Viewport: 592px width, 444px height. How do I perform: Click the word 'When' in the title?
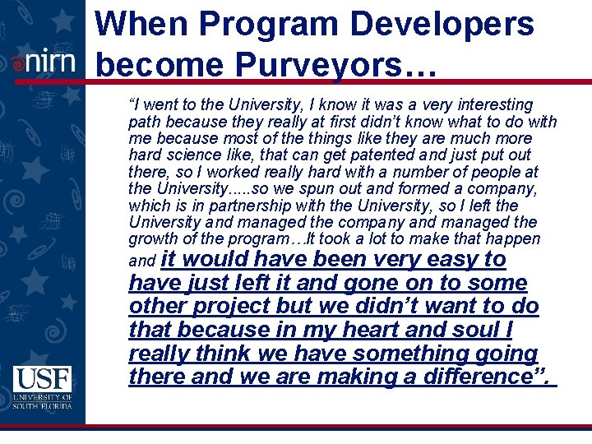pos(141,24)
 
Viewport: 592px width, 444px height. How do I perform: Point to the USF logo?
pos(42,387)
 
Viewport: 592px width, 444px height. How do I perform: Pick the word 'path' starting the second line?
pos(143,122)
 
